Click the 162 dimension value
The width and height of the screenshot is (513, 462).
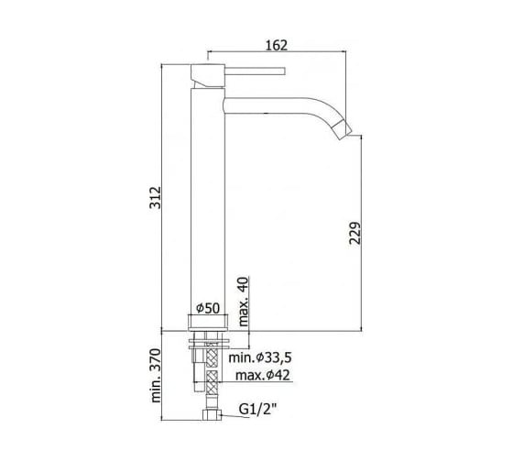click(x=277, y=45)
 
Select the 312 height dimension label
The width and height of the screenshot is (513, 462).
click(x=156, y=198)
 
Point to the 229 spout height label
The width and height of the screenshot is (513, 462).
click(x=355, y=233)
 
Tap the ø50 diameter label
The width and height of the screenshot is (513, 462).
click(x=208, y=308)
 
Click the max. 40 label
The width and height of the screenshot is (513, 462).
click(x=244, y=302)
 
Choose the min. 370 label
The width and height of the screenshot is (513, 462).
click(x=156, y=376)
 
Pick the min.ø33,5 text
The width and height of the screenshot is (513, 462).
click(x=260, y=357)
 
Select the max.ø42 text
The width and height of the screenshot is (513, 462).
click(x=263, y=375)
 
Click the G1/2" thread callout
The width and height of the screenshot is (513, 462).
click(x=257, y=409)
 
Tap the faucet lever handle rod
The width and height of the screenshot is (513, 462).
click(x=255, y=71)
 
